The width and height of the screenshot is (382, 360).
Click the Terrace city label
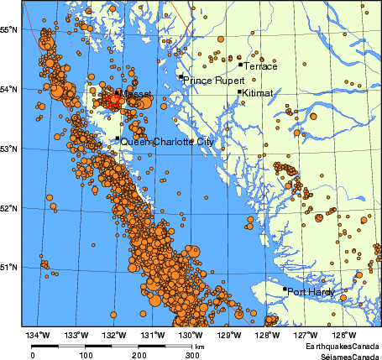259,65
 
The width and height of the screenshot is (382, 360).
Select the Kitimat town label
257,93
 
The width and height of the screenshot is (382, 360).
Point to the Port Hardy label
311,293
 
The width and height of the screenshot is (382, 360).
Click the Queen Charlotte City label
167,143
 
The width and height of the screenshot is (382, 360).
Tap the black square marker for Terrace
240,64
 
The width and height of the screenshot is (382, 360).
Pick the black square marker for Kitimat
239,92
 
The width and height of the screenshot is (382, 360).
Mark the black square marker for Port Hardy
285,290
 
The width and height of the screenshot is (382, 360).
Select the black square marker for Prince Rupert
181,77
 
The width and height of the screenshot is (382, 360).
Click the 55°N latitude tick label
9,29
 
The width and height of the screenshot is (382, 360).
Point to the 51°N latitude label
9,267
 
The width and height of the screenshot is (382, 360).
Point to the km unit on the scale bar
200,346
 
